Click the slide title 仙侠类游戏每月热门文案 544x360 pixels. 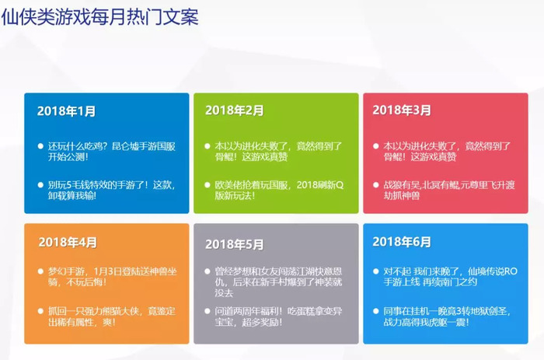click(100, 16)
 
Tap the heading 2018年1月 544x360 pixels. click(66, 111)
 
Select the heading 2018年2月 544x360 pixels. click(234, 110)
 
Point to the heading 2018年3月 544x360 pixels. click(402, 110)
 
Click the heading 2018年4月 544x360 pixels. click(68, 243)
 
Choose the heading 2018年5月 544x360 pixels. click(234, 244)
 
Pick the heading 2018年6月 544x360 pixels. click(402, 242)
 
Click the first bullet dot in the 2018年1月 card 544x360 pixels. click(40, 146)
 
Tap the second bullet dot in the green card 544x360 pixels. click(207, 185)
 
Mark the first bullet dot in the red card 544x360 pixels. click(375, 146)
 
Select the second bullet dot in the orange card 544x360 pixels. click(40, 311)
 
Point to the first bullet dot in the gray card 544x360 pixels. click(207, 271)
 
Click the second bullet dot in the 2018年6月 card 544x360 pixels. click(375, 311)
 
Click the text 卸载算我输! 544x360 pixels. click(72, 196)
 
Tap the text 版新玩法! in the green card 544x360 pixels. click(235, 196)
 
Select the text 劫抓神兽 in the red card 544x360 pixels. click(402, 196)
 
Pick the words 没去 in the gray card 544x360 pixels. click(224, 293)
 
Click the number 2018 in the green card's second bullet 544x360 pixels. click(307, 185)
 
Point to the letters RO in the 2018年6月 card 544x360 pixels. click(511, 271)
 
